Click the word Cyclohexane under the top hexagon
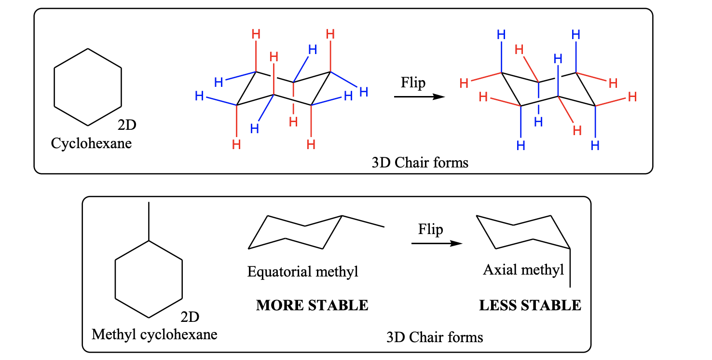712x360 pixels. [x=91, y=143]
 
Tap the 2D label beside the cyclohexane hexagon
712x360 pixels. [x=127, y=125]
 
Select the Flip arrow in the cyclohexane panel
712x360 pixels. [x=418, y=97]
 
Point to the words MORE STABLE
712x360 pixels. [x=312, y=305]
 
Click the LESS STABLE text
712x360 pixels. [x=530, y=305]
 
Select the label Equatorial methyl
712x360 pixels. [x=303, y=272]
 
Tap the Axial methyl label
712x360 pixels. [x=523, y=269]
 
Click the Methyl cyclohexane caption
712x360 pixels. [x=154, y=334]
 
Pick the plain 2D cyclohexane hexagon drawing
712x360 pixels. [x=88, y=87]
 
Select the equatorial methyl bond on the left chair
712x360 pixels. [x=363, y=221]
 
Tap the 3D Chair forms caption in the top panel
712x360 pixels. [x=420, y=163]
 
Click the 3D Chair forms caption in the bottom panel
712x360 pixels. [x=434, y=337]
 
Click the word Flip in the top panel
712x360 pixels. [x=413, y=83]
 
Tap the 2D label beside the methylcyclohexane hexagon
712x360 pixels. [x=190, y=317]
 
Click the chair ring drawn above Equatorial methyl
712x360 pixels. [x=295, y=232]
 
